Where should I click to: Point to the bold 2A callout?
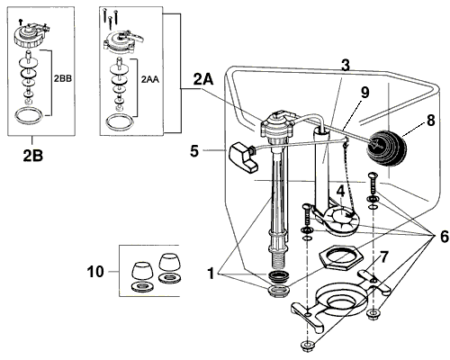pyautogui.click(x=203, y=80)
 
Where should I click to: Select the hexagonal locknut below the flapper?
pyautogui.click(x=339, y=254)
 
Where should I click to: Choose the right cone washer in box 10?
pyautogui.click(x=172, y=265)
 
